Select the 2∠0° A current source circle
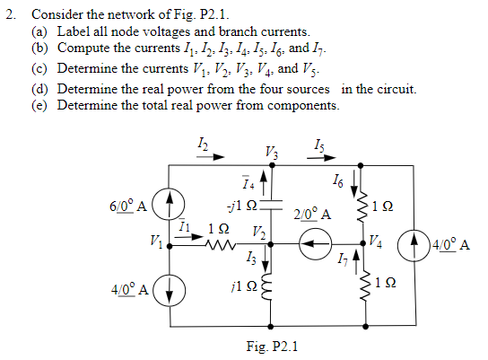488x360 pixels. [x=315, y=244]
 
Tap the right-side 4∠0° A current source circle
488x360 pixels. [x=414, y=245]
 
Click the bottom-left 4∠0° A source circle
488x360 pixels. [x=170, y=290]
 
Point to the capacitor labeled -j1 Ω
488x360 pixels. [x=271, y=205]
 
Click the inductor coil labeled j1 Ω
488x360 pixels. [x=267, y=287]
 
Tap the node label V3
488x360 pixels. [x=272, y=153]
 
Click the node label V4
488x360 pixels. [x=376, y=241]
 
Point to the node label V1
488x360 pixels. [x=157, y=241]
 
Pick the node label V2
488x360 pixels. [x=259, y=233]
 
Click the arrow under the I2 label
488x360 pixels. [x=211, y=156]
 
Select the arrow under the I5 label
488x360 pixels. [x=321, y=158]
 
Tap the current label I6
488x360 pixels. [x=338, y=180]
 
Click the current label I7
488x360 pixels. [x=342, y=258]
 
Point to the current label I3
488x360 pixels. [x=251, y=258]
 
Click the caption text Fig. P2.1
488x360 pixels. [x=272, y=346]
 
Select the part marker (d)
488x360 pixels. [x=39, y=90]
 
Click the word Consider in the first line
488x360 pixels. [x=57, y=14]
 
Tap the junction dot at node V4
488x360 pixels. [x=363, y=243]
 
